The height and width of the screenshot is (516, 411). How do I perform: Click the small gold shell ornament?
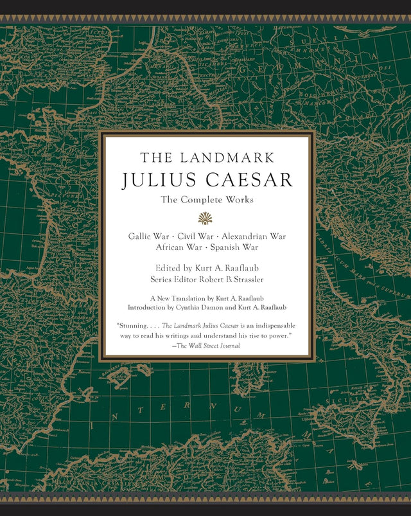(x=205, y=218)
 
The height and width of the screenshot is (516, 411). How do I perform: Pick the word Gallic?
(x=141, y=236)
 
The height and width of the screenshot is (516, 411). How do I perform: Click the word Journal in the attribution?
(x=228, y=346)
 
